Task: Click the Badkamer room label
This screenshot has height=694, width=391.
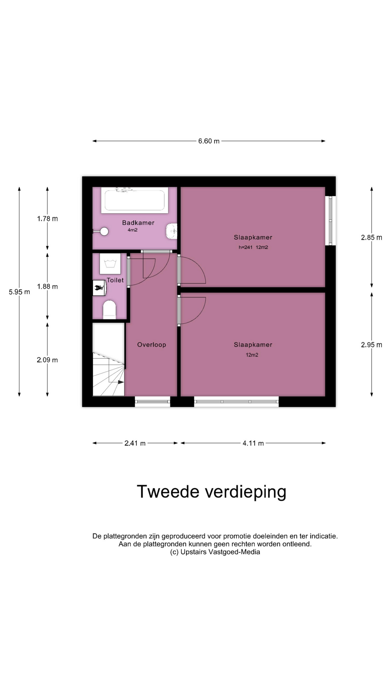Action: point(138,223)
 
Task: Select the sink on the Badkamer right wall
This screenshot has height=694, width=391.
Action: point(172,231)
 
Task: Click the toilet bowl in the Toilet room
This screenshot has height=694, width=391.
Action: point(109,310)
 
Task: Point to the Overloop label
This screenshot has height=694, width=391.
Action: point(152,345)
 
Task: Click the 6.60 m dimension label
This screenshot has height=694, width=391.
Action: point(209,141)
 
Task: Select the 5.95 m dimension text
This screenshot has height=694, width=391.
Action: point(20,292)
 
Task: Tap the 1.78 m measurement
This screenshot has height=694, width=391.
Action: point(47,219)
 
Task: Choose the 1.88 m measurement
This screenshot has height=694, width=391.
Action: point(47,287)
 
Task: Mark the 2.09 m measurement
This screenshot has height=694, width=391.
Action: point(47,360)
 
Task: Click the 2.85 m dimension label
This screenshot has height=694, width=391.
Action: point(371,237)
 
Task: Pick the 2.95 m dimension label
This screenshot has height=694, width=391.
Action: point(371,345)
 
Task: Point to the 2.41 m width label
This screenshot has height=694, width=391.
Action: point(135,443)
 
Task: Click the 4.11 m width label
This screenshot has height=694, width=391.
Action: point(253,443)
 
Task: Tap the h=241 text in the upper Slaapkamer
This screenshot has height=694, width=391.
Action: point(245,248)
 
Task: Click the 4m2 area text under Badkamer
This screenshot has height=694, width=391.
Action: point(133,230)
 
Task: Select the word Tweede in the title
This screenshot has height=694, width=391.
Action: point(168,492)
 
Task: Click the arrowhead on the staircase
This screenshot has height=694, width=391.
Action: point(121,382)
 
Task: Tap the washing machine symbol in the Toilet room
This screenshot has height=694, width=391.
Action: point(110,264)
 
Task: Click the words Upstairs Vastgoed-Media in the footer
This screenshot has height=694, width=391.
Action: point(220,552)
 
